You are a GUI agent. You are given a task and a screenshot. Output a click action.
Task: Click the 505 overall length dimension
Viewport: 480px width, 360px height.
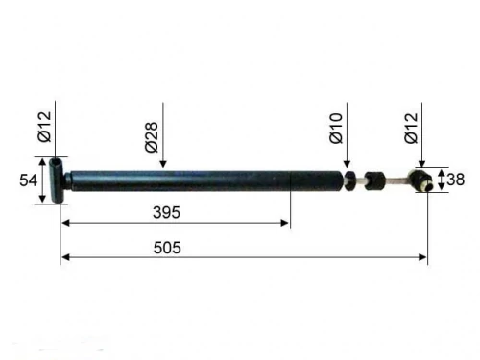pos(167,248)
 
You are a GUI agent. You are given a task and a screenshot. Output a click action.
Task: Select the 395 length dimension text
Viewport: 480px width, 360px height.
pos(166,212)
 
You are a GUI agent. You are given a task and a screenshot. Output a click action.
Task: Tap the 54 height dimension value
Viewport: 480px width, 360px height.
pos(28,180)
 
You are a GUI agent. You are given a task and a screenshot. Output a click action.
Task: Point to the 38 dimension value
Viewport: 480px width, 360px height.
pos(455,180)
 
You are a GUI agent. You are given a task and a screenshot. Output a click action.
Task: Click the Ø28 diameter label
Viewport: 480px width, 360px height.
pos(152,137)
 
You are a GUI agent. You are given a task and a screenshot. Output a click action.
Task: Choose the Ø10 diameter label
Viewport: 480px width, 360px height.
pos(336,128)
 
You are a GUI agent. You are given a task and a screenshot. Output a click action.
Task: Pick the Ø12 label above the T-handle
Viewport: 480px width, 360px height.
pos(44,127)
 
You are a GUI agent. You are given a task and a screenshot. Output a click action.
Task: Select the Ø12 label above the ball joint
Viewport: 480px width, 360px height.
pos(411,128)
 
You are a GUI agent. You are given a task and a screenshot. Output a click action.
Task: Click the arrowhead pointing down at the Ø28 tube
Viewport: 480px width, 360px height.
pos(163,164)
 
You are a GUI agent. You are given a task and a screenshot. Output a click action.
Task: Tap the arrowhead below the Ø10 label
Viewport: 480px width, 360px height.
pos(347,164)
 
